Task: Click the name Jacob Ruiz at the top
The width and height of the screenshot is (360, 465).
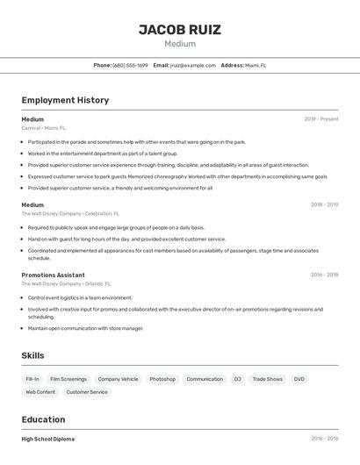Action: (180, 30)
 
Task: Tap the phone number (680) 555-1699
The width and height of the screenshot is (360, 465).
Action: (131, 65)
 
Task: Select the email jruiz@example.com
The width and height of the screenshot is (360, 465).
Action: (192, 65)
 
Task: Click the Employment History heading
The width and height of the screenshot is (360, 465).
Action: (65, 100)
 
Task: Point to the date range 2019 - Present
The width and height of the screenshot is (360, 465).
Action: (321, 119)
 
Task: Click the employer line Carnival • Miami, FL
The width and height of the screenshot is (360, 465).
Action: (44, 128)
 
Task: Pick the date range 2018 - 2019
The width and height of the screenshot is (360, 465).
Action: (324, 205)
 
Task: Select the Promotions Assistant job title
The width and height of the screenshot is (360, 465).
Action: (53, 275)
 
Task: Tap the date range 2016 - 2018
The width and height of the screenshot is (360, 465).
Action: (324, 275)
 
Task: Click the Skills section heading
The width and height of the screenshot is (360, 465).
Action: (33, 355)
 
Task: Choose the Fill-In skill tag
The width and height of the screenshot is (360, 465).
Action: (32, 379)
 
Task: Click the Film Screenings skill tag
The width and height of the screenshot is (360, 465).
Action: (68, 379)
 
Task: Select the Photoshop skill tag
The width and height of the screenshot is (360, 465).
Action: (162, 379)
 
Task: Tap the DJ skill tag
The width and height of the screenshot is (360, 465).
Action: (237, 379)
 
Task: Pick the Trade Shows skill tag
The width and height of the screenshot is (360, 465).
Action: (268, 379)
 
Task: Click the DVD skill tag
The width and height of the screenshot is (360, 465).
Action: (299, 379)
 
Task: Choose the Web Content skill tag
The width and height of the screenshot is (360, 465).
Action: (40, 392)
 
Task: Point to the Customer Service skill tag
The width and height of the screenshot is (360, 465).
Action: (86, 392)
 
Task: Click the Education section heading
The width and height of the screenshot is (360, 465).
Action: (43, 419)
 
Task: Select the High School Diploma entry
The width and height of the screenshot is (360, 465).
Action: (48, 439)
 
